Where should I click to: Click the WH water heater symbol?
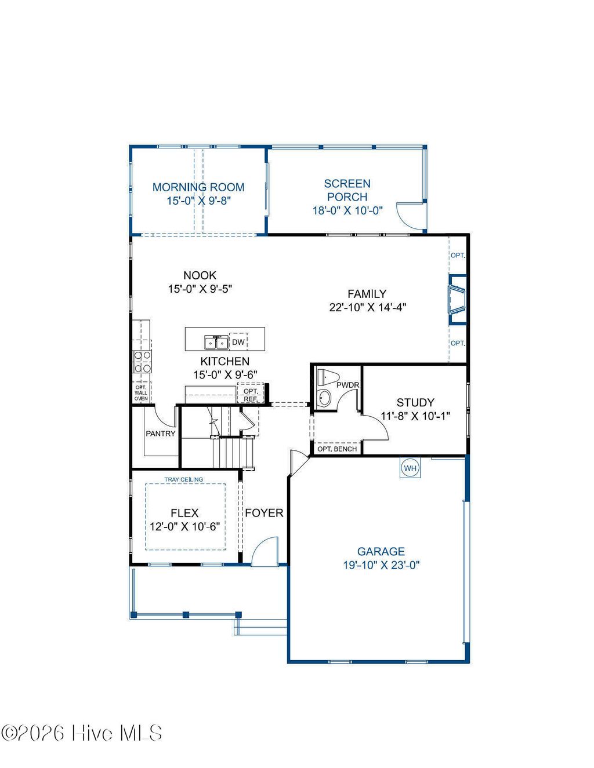coord(410,468)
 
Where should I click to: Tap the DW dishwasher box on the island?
coord(238,342)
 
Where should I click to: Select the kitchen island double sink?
coord(216,343)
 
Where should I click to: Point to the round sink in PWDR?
coord(324,398)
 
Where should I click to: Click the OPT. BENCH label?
coord(337,449)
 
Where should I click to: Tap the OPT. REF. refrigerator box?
coord(251,395)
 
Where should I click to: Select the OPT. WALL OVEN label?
coord(141,393)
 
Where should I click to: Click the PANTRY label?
coord(161,434)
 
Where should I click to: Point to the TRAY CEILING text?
coord(184,479)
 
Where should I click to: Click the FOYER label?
coord(264,513)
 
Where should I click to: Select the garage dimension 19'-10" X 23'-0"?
coord(381,565)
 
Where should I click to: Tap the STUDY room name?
coord(415,402)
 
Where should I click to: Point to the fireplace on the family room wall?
coord(457,300)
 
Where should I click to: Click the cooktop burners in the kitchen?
coord(142,361)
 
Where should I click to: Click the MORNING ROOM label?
coord(198,187)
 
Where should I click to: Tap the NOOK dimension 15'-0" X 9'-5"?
coord(200,289)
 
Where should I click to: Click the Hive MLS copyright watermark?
coord(81,733)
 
